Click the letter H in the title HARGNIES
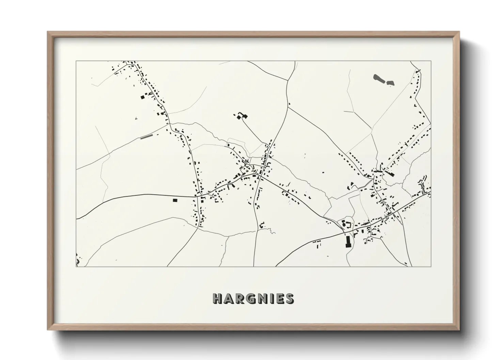218,299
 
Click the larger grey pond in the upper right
379,79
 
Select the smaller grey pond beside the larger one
390,83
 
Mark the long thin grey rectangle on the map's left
146,137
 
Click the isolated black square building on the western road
175,200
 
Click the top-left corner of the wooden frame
48,32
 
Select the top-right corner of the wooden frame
459,32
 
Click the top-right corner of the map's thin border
431,61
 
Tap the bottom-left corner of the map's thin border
76,266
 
